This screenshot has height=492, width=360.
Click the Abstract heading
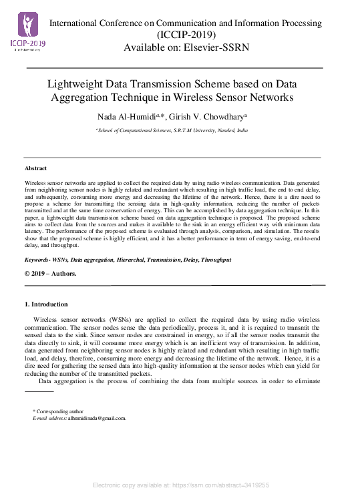35,168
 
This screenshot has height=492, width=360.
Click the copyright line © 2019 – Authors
50,274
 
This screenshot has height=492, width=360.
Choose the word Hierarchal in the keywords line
128,259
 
